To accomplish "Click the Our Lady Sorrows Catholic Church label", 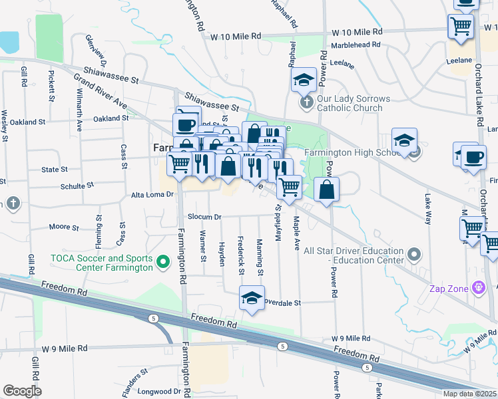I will pos(353,103).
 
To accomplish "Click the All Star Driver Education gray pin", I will pos(414,255).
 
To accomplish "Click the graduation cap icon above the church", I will pos(304,80).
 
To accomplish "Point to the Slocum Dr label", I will pos(204,217).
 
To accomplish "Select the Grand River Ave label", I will pos(101,92).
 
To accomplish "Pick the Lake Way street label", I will pos(427,206).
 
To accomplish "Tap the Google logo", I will pos(22,391).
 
